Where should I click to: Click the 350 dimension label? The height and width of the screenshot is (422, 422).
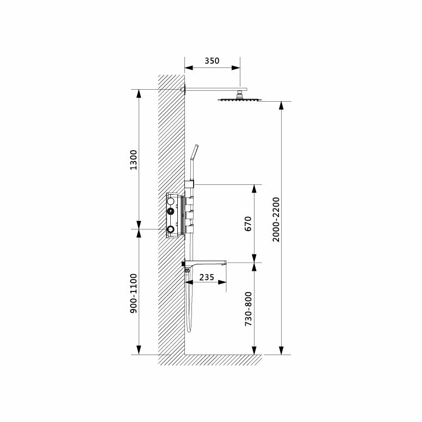click(x=212, y=61)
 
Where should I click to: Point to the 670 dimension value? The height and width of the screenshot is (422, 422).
click(x=249, y=224)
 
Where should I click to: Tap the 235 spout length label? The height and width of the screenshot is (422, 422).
click(x=206, y=276)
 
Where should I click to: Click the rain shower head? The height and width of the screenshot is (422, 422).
click(x=239, y=100)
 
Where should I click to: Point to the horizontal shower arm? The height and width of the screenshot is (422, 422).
click(x=215, y=89)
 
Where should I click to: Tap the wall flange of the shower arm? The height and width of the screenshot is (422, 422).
click(x=184, y=89)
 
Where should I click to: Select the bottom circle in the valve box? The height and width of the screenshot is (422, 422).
click(x=171, y=229)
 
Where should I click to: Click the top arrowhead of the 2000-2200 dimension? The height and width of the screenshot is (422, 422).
click(x=281, y=105)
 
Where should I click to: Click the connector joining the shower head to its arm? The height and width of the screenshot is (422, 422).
click(x=239, y=95)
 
